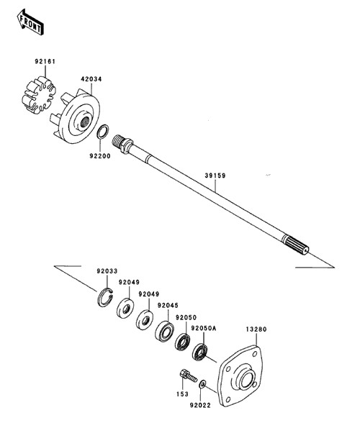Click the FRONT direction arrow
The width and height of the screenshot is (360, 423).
pos(30,22)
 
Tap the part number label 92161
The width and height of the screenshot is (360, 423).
pos(45,62)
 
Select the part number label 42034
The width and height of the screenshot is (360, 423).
pos(91,79)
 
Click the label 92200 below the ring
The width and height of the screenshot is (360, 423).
pos(100,156)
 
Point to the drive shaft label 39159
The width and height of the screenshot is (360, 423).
pos(215,176)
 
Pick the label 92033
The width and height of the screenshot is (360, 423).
pos(107,270)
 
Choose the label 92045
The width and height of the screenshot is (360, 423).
pos(168,305)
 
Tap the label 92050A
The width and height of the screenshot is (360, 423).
pos(204,328)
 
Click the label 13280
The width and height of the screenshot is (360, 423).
pos(256,329)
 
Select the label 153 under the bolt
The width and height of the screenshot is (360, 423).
pos(183,394)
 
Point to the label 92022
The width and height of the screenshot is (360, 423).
pos(200,406)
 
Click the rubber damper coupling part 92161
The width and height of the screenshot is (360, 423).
pos(39,94)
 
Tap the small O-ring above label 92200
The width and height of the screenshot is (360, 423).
pos(103,132)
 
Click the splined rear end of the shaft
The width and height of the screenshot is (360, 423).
pos(296,245)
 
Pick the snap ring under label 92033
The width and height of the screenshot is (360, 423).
pos(105,297)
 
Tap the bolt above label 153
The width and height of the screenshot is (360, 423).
pos(188,376)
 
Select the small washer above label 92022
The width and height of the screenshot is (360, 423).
pos(202,384)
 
